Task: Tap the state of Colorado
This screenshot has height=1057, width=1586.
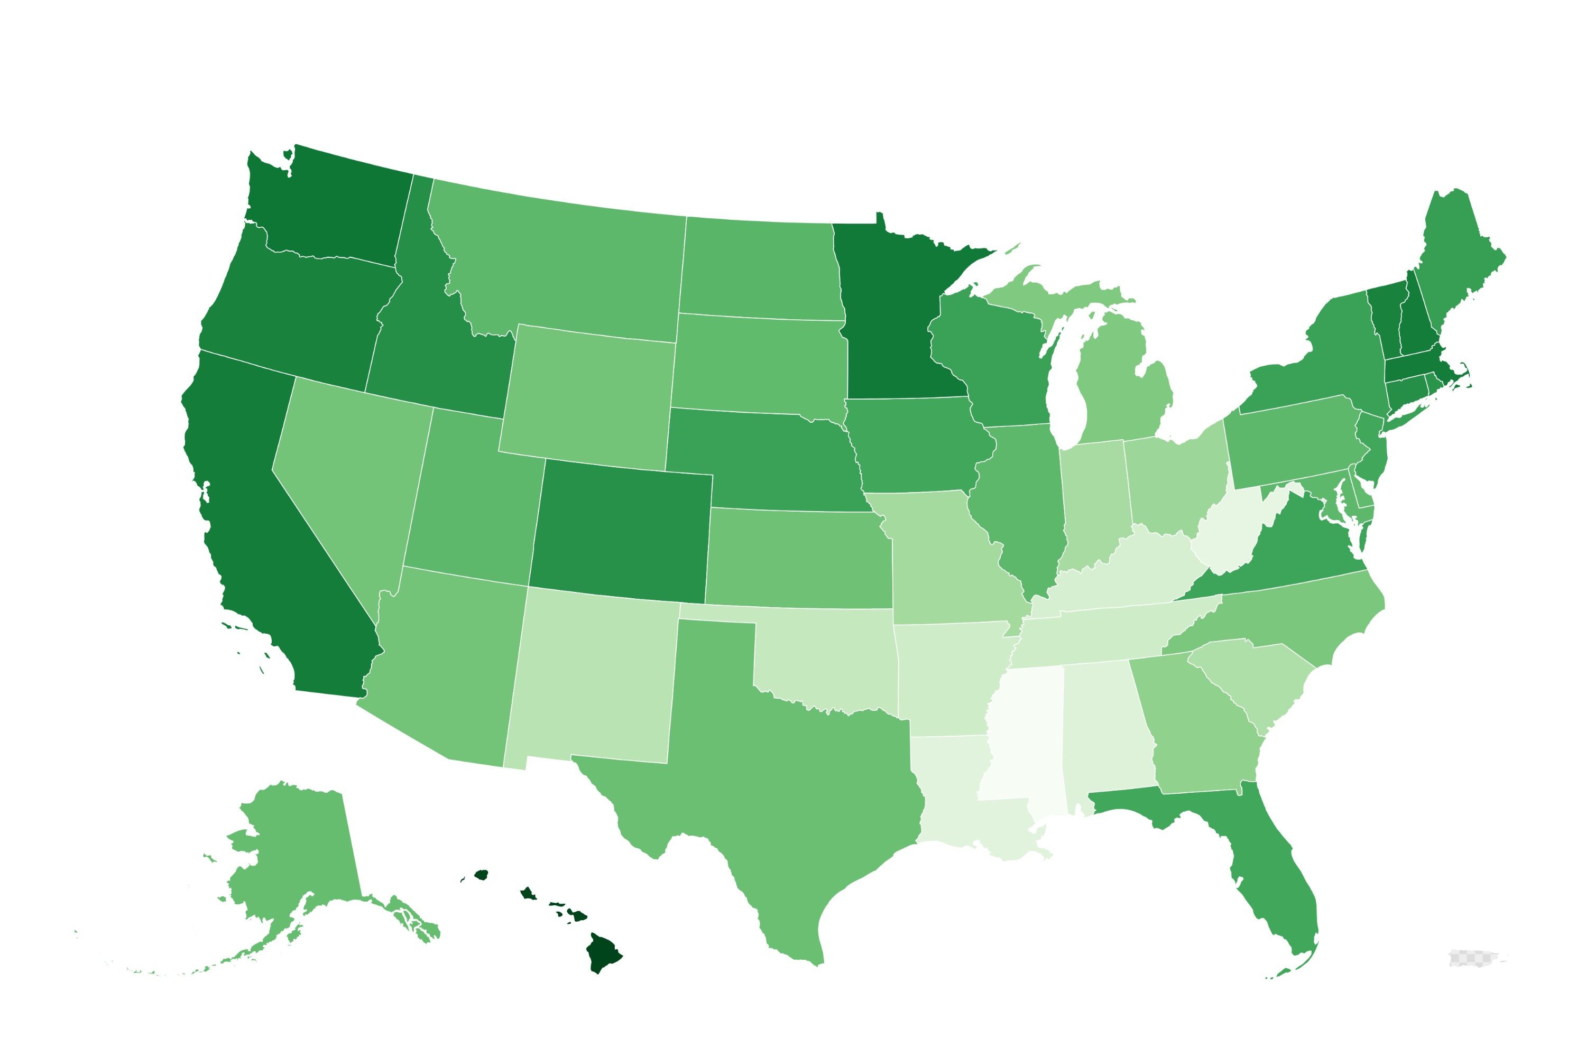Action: (620, 533)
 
